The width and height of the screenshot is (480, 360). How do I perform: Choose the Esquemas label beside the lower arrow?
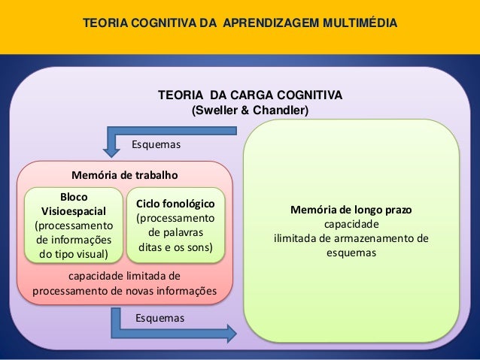pos(159,318)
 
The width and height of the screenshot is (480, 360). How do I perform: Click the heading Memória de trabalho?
pos(124,174)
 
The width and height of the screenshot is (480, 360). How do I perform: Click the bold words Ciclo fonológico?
pos(175,204)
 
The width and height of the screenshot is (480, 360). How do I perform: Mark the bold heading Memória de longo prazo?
pos(351,210)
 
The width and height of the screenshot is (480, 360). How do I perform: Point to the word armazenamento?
pos(379,239)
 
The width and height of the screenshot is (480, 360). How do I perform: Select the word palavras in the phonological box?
pos(175,232)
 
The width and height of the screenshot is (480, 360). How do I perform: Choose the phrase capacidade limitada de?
pos(124,276)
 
